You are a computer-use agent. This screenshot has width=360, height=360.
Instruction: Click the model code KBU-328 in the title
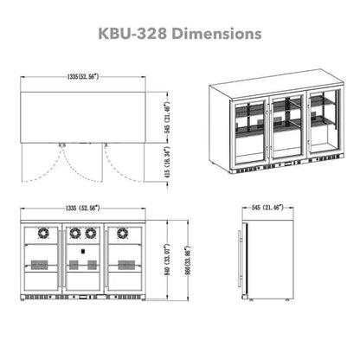click(144, 35)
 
